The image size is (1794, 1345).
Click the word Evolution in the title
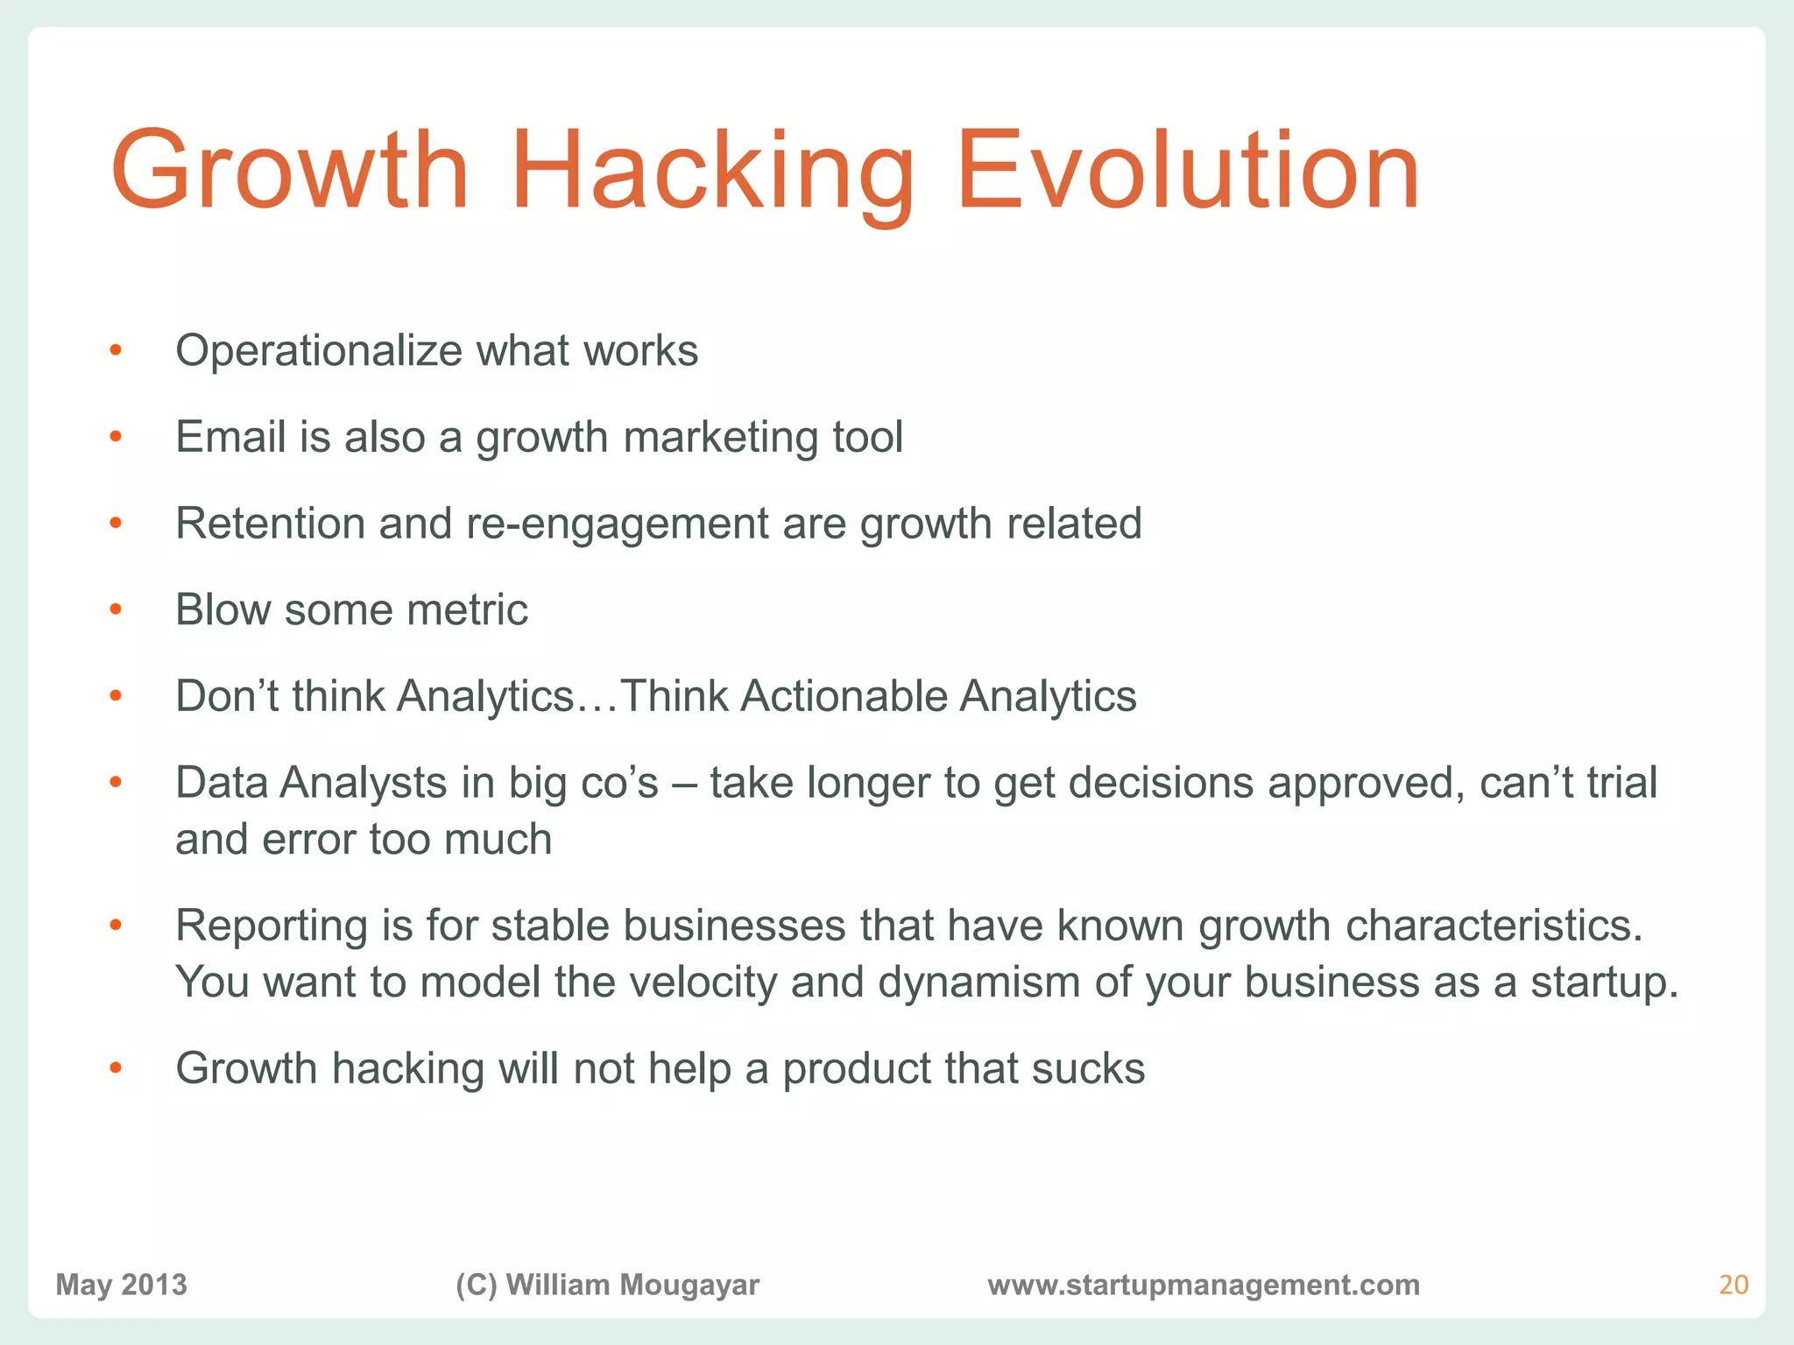1187,171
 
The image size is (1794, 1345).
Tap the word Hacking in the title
711,171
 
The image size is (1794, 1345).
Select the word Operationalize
319,352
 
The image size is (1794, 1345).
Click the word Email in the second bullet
230,437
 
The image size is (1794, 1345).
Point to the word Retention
270,524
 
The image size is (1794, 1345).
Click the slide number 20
1733,1285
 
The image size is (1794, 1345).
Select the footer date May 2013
121,1285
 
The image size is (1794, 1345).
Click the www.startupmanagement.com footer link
1203,1285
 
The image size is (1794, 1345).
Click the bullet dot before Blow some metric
116,609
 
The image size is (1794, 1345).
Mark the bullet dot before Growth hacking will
116,1068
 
